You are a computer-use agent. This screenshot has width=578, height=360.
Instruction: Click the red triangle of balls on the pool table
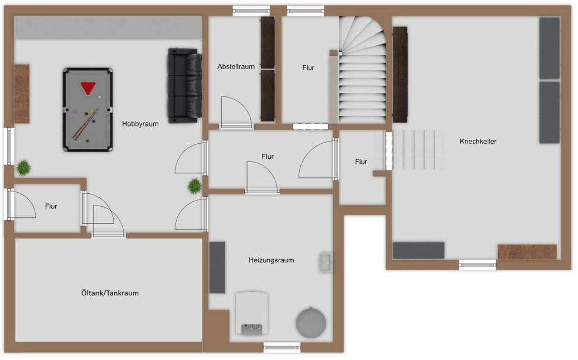click(88, 87)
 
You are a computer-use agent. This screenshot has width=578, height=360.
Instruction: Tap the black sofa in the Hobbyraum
click(185, 85)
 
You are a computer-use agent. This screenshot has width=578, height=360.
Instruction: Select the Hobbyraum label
click(140, 124)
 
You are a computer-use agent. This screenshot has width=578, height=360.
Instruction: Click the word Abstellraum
click(236, 67)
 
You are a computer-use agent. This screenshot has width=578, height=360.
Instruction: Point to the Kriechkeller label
click(478, 141)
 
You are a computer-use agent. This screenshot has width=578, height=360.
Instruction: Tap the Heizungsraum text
click(271, 260)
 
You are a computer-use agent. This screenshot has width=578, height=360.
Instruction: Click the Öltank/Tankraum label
click(110, 293)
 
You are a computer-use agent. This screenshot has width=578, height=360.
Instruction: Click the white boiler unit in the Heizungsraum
click(252, 313)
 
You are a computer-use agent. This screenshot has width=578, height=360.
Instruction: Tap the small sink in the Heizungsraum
click(326, 262)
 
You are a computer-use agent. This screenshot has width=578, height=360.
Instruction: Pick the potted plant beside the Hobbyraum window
click(23, 168)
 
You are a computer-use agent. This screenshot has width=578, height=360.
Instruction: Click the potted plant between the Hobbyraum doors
click(195, 186)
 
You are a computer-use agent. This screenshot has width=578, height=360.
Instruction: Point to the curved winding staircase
click(362, 70)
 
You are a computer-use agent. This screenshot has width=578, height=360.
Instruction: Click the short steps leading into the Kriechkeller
click(419, 149)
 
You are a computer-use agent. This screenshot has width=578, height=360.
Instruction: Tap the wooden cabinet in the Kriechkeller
click(527, 252)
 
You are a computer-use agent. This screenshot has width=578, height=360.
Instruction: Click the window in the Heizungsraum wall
click(282, 347)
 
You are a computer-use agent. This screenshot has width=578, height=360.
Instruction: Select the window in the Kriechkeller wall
click(477, 264)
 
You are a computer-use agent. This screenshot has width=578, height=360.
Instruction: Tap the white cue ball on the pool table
click(100, 97)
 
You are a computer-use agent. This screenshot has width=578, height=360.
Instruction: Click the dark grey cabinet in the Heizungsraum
click(217, 267)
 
